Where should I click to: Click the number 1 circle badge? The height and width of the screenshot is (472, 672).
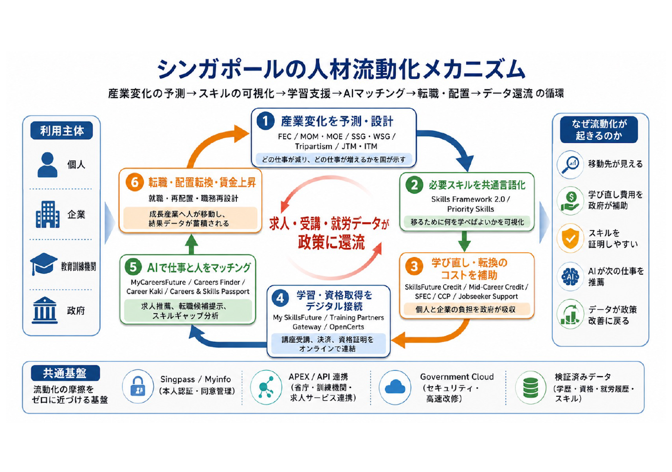pos(265,121)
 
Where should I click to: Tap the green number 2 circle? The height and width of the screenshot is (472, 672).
pos(414,185)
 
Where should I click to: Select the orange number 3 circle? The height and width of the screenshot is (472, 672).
pos(414,266)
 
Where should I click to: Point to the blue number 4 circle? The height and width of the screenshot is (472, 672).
pos(280,298)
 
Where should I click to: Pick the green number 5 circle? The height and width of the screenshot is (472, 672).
pos(133,267)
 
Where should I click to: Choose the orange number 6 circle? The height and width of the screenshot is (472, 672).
pos(134,182)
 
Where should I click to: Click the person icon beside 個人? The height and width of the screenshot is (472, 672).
pos(47,165)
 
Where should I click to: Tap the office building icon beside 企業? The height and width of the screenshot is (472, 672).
pos(47,215)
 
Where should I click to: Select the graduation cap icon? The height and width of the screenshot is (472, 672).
pos(44,264)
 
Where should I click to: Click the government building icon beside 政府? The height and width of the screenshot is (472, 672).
pos(45,310)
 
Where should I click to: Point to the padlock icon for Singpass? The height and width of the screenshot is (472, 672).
pos(138,387)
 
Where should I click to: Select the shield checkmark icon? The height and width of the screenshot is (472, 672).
pos(570,238)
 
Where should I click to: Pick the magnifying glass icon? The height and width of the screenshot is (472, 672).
pos(570,165)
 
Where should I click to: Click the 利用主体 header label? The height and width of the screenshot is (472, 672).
pos(62,131)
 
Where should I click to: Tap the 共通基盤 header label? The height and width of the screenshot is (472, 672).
pos(65,373)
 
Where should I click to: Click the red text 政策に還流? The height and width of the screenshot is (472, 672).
pos(332,243)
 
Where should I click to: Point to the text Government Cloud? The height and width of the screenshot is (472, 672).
pos(457,377)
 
